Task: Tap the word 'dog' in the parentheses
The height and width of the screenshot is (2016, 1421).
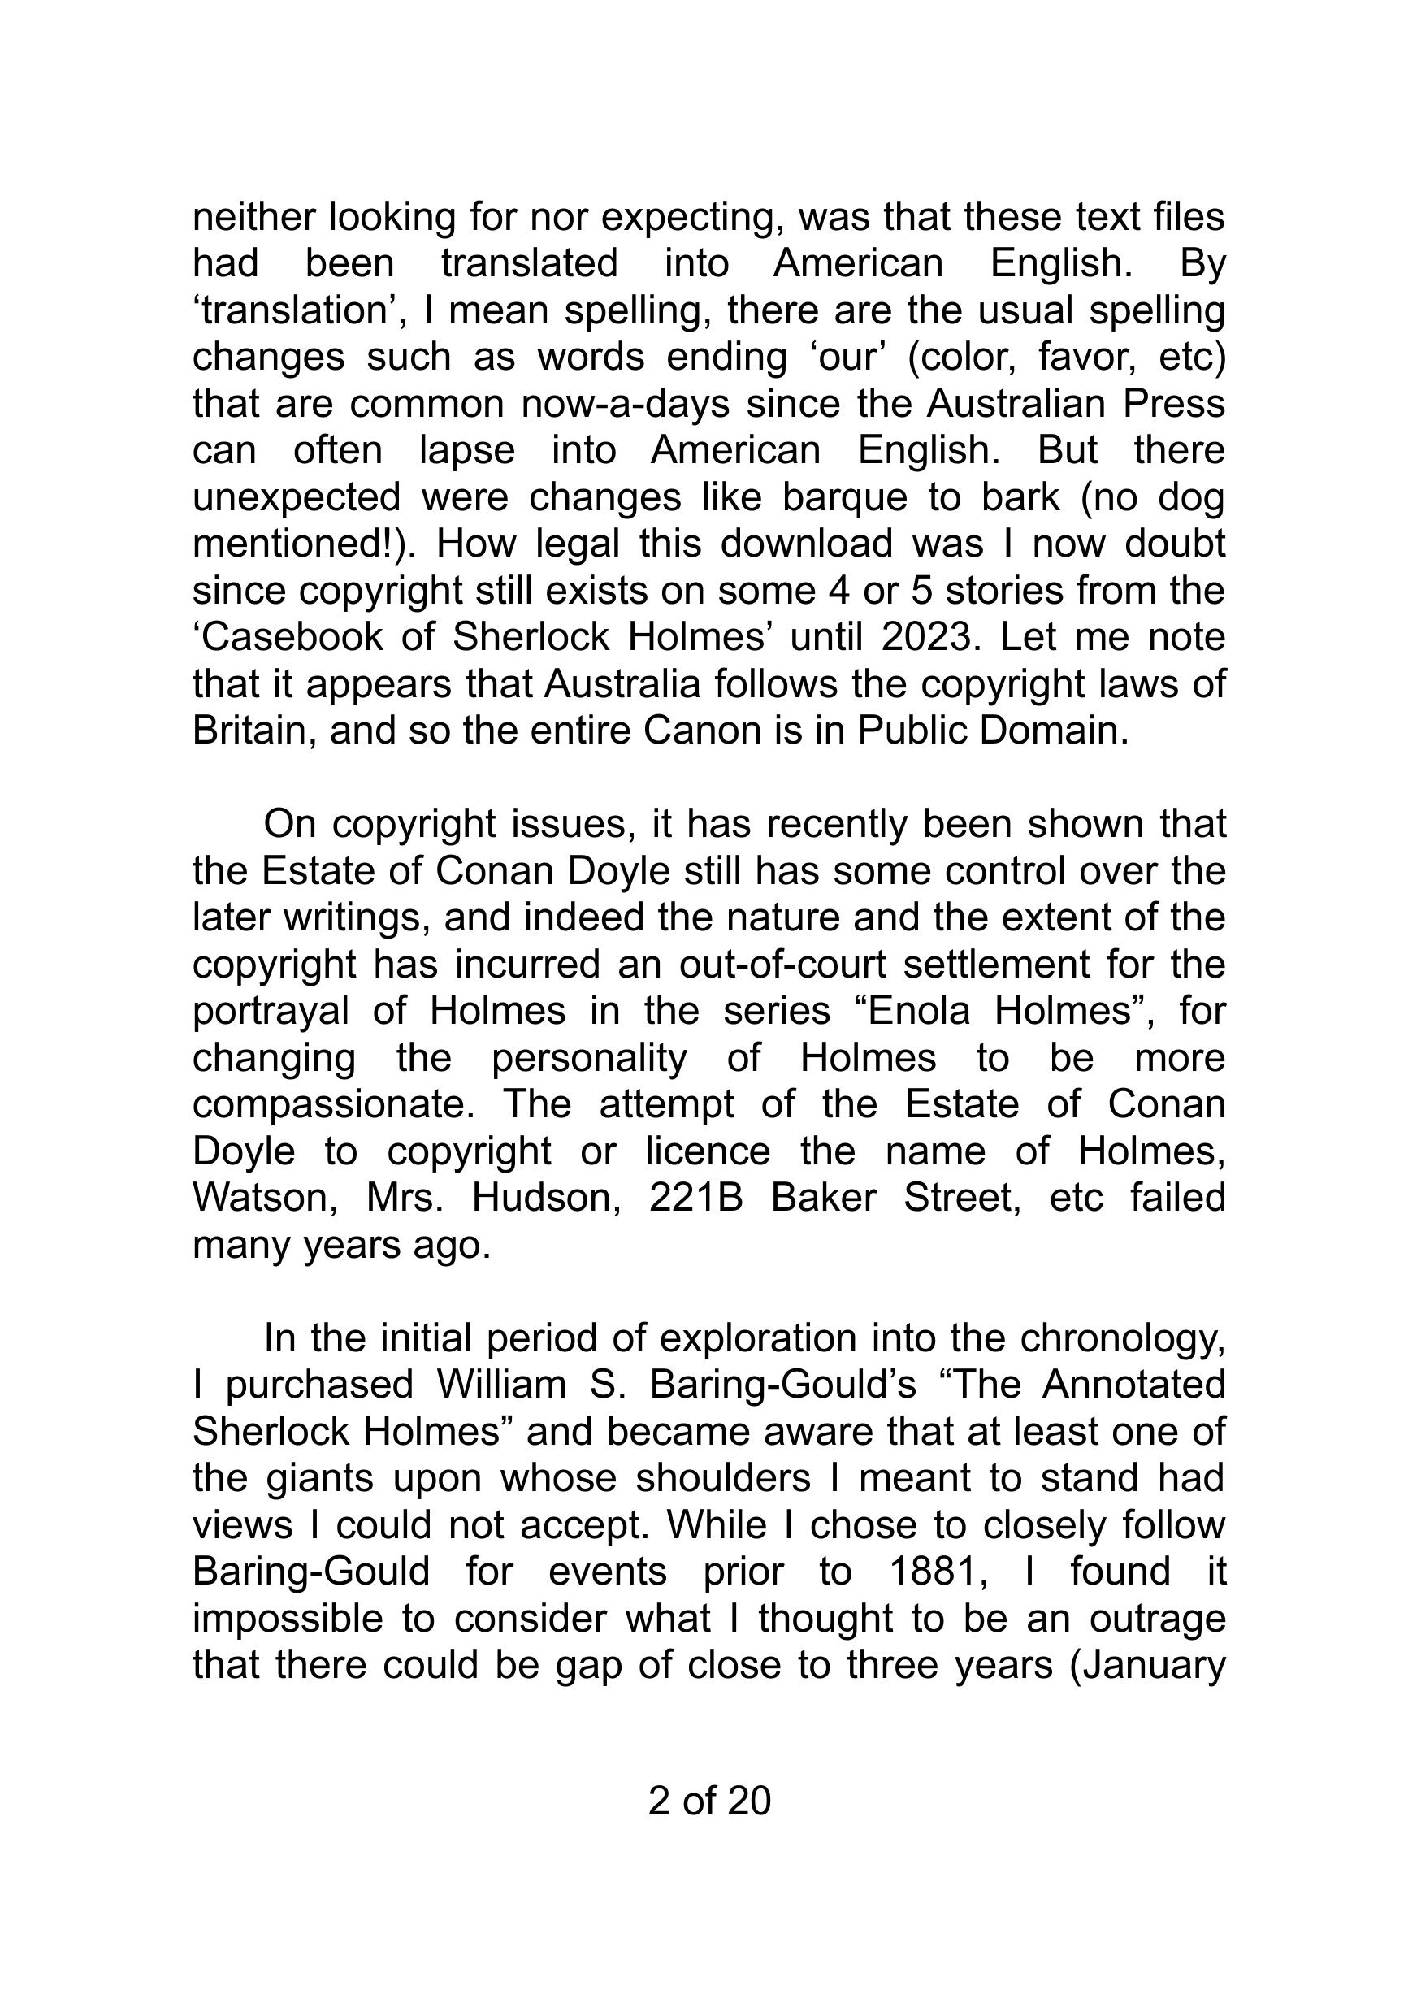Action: (1191, 498)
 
